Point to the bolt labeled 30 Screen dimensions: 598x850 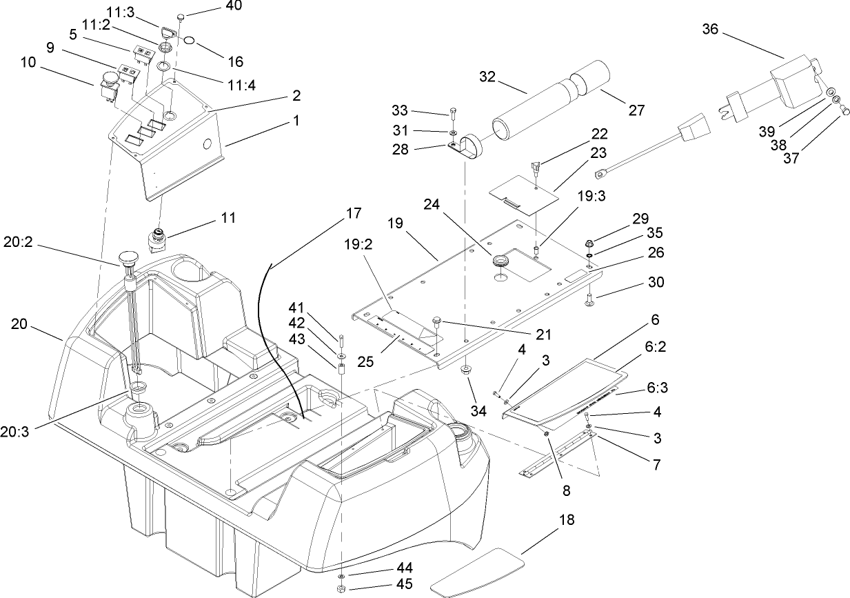591,299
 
